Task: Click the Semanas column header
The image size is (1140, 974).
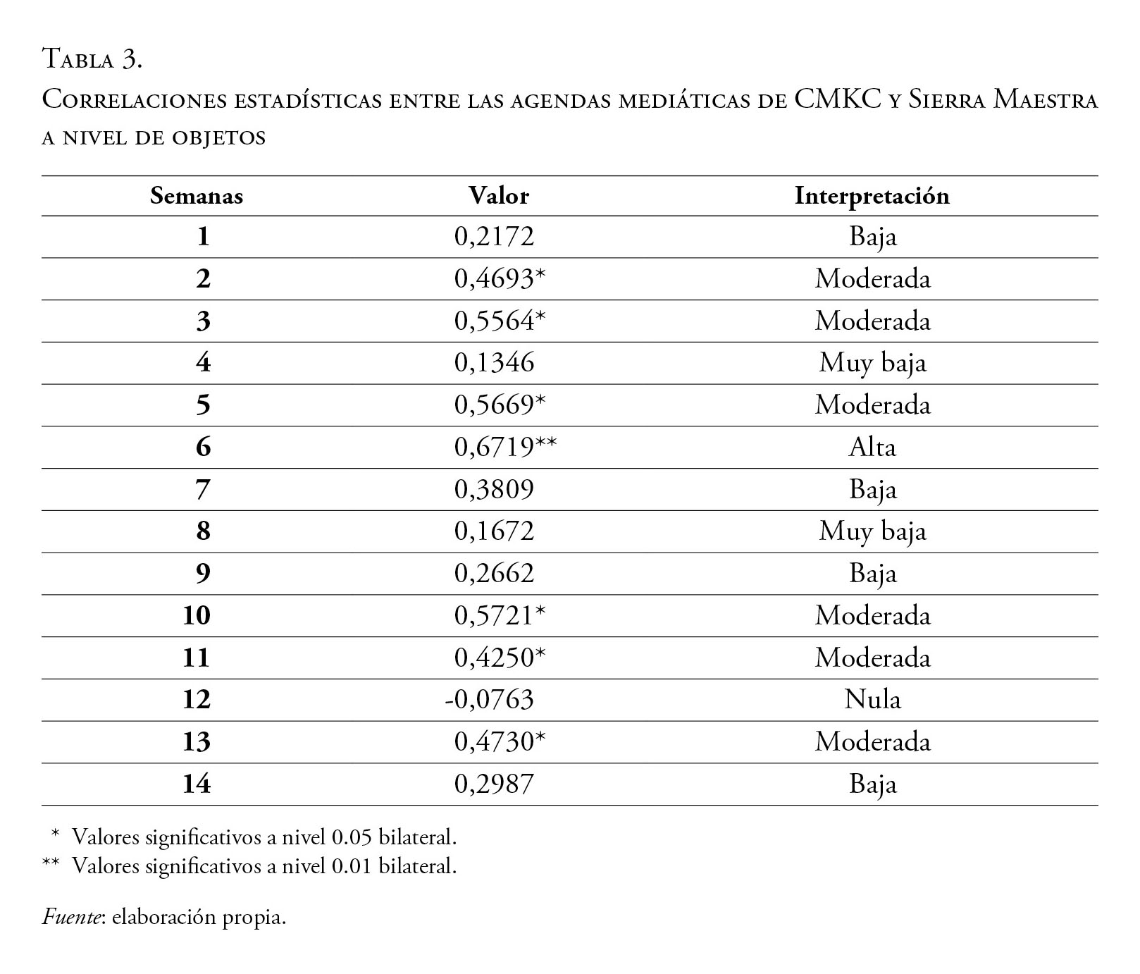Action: pos(196,196)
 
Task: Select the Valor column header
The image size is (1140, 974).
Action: pos(499,196)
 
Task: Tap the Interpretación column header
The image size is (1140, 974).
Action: pos(872,196)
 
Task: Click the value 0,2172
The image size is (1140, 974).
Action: pos(494,236)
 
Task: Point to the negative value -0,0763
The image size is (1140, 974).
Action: pos(490,699)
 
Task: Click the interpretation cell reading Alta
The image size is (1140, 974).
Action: pos(872,447)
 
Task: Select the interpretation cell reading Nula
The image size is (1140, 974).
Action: pos(872,699)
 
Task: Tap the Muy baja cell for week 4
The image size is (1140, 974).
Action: pos(872,363)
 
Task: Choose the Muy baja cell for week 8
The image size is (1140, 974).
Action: pos(872,531)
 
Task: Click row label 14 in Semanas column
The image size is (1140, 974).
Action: pos(196,784)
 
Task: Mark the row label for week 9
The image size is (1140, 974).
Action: pos(202,573)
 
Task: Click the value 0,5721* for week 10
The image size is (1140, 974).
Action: pos(500,615)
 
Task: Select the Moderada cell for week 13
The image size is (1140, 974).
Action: pos(872,741)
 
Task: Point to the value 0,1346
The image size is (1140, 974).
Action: pos(494,363)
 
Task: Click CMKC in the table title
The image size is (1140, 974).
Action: pos(838,99)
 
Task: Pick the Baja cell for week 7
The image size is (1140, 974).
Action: pos(872,489)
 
